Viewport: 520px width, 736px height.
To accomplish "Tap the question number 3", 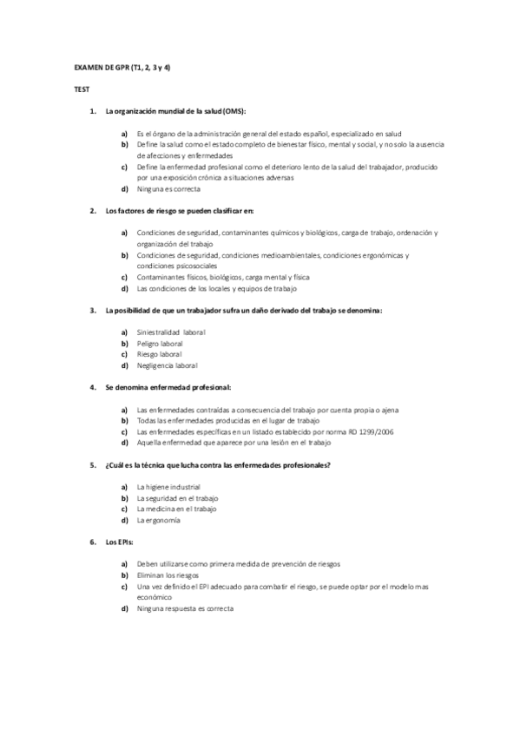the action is [x=93, y=310].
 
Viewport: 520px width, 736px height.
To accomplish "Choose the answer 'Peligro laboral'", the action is [x=160, y=343].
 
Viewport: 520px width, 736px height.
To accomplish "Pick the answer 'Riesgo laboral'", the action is [x=159, y=354].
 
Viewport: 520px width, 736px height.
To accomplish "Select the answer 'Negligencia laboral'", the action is [x=168, y=365].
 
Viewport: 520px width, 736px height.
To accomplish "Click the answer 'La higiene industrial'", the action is [x=168, y=487].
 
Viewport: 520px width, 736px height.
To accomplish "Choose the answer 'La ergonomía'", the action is [x=159, y=520].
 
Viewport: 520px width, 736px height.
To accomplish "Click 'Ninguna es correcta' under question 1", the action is [x=168, y=188].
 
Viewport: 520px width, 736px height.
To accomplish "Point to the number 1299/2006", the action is [x=375, y=431].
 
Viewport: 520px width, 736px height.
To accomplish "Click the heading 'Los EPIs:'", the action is [x=119, y=542].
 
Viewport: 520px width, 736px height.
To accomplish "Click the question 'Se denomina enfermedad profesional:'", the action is [x=168, y=387].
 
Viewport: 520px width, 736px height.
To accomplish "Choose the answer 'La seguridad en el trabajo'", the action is [x=178, y=498].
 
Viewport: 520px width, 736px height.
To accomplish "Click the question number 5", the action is [x=93, y=465].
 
